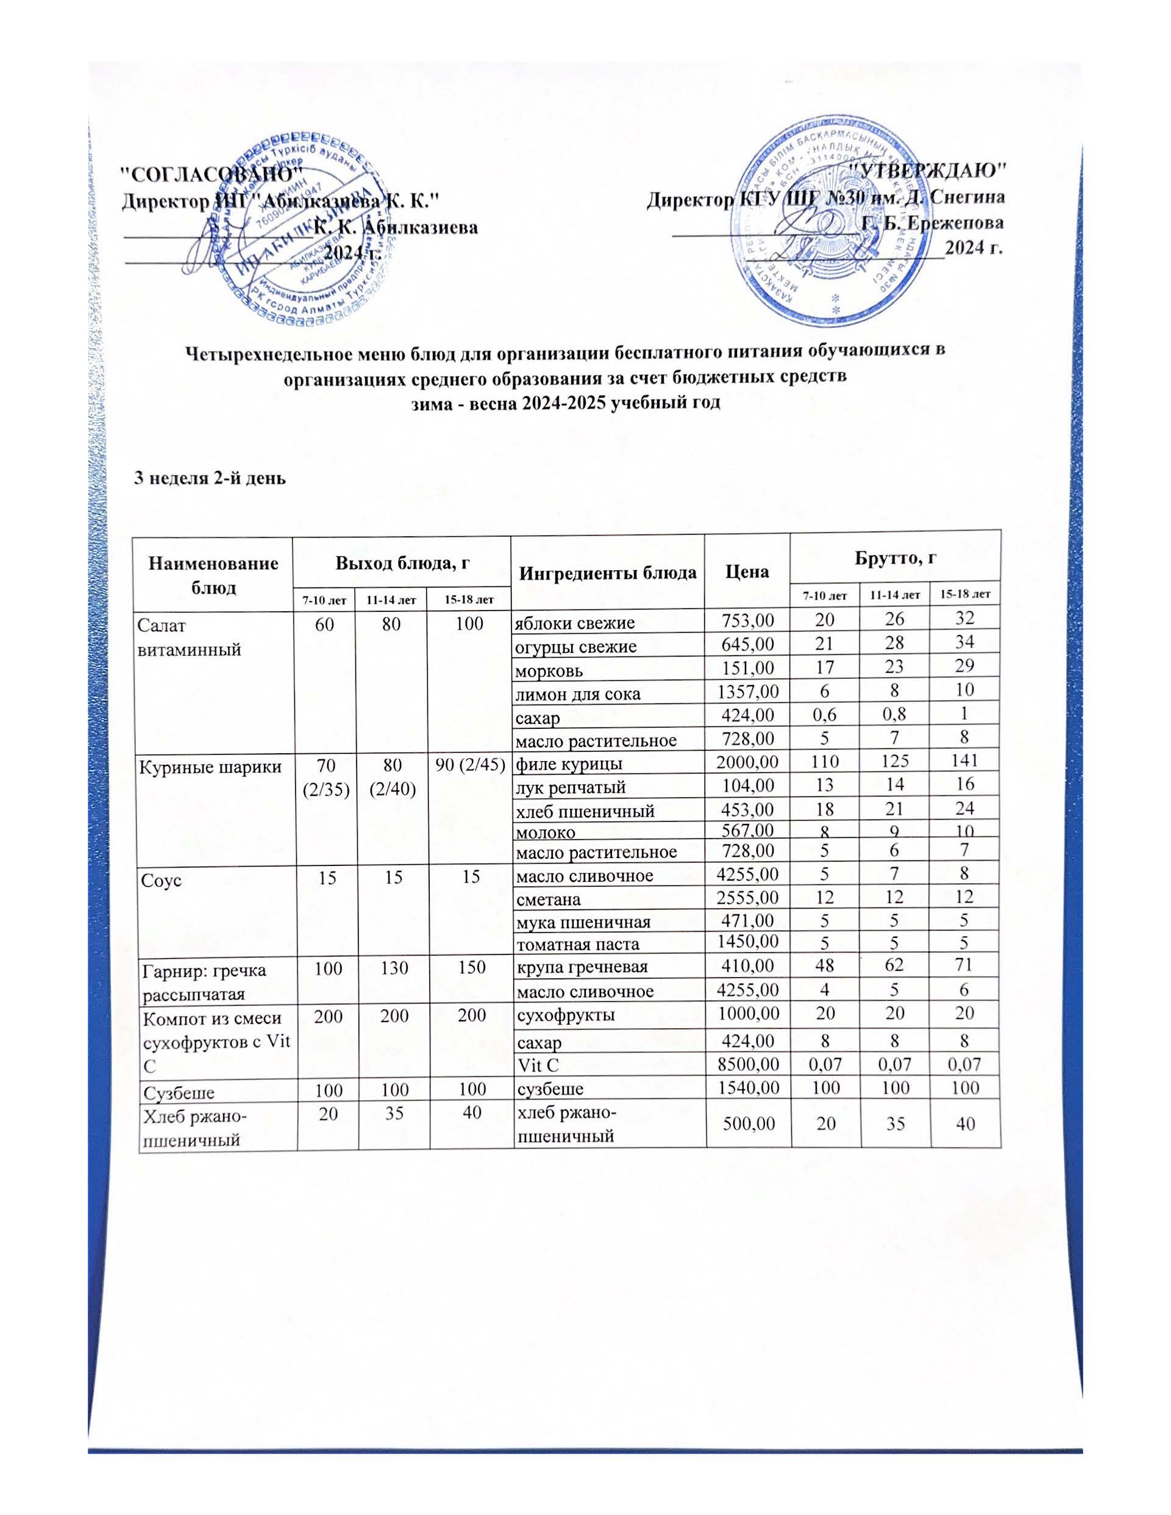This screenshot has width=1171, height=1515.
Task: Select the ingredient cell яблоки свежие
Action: [574, 623]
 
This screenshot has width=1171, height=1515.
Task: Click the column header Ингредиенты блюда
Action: [607, 572]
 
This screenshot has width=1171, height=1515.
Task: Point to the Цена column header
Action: [747, 572]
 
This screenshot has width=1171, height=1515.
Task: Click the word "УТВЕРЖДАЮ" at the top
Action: [928, 169]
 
